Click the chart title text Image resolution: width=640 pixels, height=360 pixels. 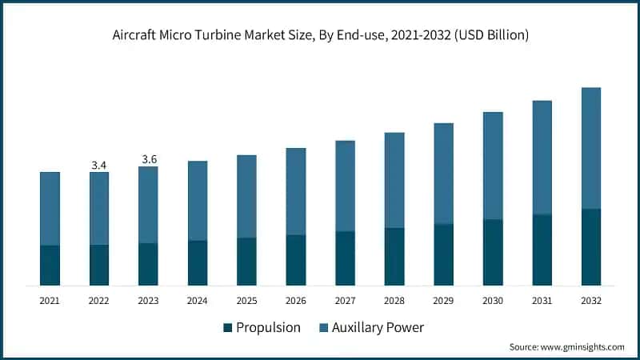click(x=320, y=36)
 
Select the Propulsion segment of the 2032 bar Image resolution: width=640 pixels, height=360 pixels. click(x=591, y=247)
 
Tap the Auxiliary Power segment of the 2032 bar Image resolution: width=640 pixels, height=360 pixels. click(x=591, y=148)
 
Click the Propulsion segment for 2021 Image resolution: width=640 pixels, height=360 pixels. click(x=50, y=266)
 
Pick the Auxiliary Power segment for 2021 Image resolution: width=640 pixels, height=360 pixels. click(x=50, y=208)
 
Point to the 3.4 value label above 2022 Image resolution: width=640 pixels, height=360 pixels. click(x=99, y=165)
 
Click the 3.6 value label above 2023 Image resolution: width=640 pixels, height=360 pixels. click(x=149, y=159)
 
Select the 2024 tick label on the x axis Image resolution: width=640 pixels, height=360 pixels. click(x=198, y=301)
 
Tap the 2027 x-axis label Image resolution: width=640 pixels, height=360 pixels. click(x=346, y=301)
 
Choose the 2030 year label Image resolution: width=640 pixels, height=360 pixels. click(x=493, y=301)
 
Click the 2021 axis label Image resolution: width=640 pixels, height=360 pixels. click(x=50, y=301)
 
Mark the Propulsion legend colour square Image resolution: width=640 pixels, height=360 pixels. click(x=228, y=327)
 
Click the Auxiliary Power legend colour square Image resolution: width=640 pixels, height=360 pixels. click(x=325, y=327)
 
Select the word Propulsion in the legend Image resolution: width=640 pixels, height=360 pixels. click(x=269, y=327)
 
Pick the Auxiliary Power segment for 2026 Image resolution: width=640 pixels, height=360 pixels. click(x=296, y=191)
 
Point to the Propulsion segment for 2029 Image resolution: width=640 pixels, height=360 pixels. click(x=444, y=254)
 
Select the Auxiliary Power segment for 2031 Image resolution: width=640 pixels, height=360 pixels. click(x=542, y=158)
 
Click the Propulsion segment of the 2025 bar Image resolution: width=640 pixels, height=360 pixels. click(x=247, y=262)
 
